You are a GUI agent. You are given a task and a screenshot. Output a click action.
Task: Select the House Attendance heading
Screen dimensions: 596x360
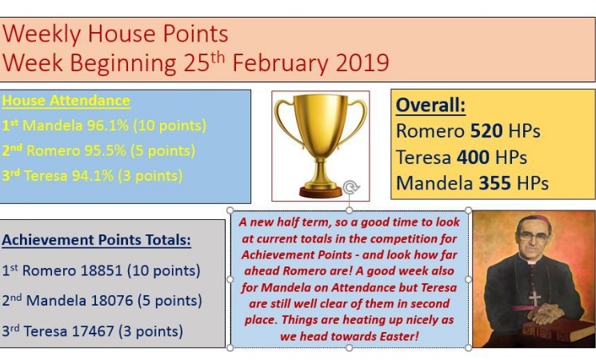point(66,101)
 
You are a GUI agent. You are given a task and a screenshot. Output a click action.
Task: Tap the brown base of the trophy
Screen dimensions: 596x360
point(321,191)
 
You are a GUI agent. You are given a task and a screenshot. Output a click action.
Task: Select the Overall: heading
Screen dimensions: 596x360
point(430,106)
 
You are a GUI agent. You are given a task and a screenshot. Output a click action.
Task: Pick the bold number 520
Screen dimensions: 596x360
point(486,131)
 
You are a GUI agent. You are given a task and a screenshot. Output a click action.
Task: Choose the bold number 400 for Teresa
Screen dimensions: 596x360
point(473,157)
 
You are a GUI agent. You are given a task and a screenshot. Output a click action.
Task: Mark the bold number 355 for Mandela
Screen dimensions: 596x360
point(494,183)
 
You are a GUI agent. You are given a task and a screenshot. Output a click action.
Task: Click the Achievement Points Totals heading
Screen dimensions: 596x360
point(97,240)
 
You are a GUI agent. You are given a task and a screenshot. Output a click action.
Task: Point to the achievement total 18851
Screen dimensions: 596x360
point(101,270)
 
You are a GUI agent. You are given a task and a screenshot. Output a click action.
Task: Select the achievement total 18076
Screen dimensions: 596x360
point(112,301)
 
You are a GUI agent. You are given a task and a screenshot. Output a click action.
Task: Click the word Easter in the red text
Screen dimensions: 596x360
point(398,337)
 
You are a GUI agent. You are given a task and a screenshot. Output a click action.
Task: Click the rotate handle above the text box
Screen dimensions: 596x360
point(350,187)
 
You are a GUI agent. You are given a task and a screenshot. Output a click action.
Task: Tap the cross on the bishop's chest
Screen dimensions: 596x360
point(535,298)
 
